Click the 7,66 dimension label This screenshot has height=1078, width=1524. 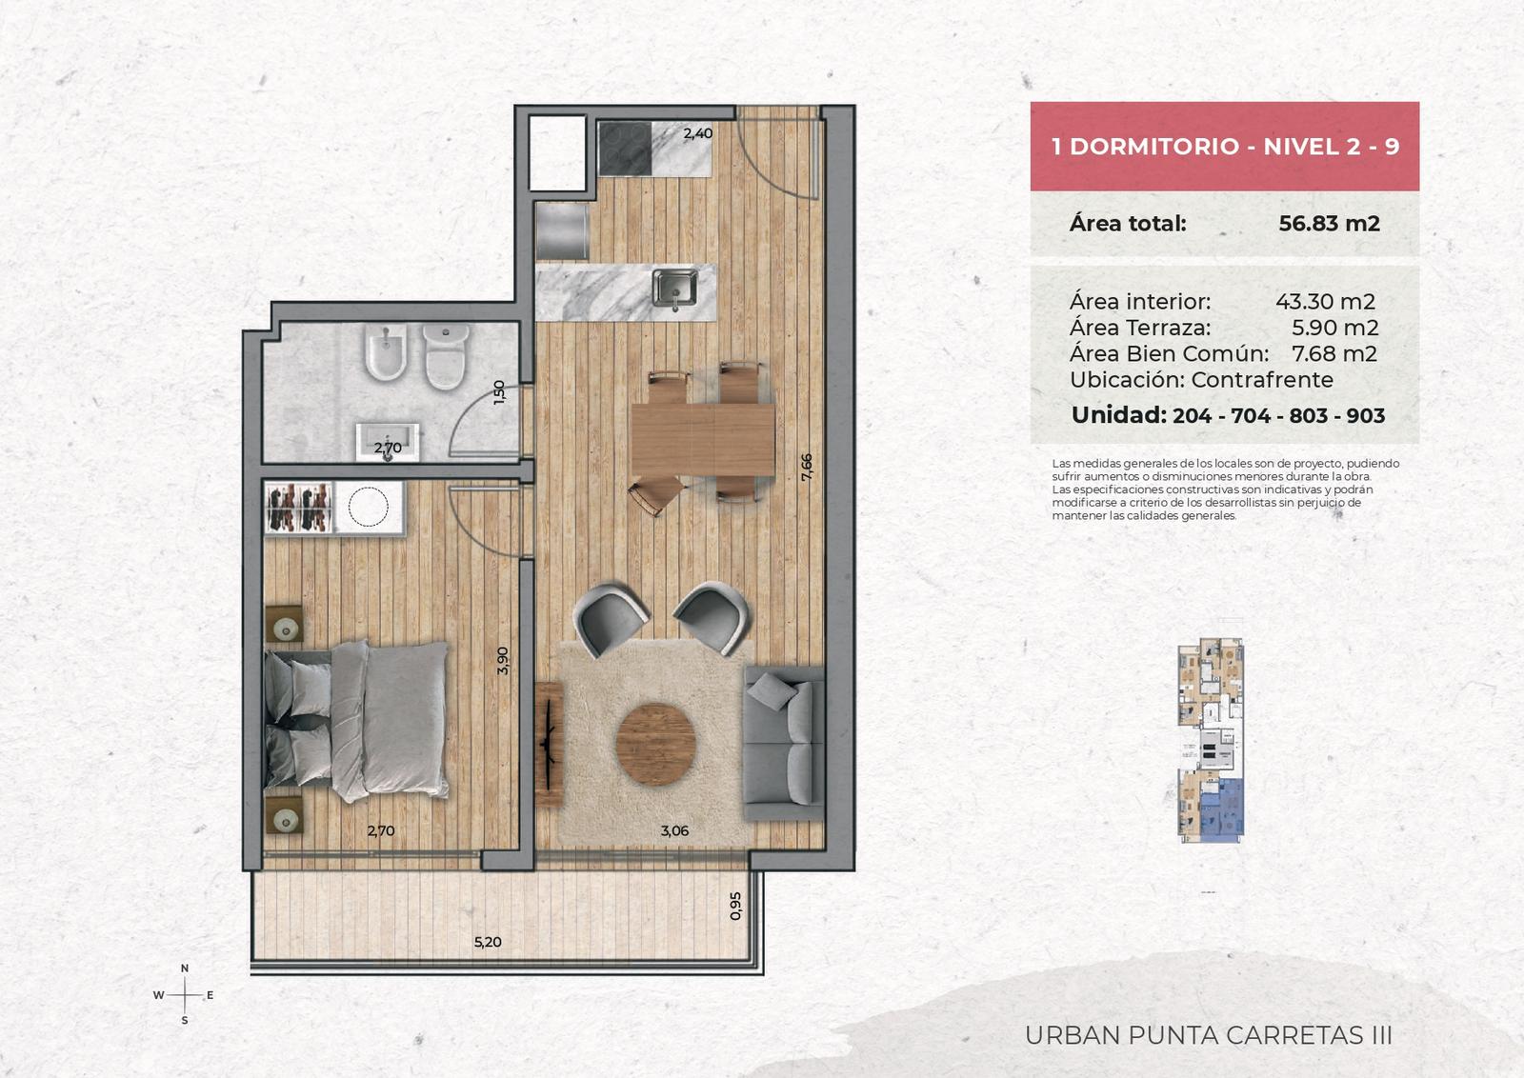(807, 468)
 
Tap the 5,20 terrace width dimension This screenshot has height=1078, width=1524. (488, 942)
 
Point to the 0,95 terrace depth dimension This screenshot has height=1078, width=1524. (735, 906)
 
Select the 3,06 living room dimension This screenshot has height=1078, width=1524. (675, 830)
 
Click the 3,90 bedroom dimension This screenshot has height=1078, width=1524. (503, 660)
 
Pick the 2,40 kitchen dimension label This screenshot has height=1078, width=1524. (698, 133)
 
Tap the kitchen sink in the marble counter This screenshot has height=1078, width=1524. (674, 288)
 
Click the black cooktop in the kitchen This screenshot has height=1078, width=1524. (625, 149)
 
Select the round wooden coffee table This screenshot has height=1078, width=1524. (656, 745)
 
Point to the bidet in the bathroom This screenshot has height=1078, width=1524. (387, 351)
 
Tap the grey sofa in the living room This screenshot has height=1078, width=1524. (785, 744)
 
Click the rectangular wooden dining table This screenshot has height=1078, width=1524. (704, 439)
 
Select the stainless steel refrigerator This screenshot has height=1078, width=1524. (562, 231)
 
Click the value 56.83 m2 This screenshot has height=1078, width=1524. (1329, 224)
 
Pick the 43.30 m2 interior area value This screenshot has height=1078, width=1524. (1325, 301)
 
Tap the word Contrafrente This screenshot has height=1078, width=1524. (1262, 380)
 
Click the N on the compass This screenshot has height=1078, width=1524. (185, 968)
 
